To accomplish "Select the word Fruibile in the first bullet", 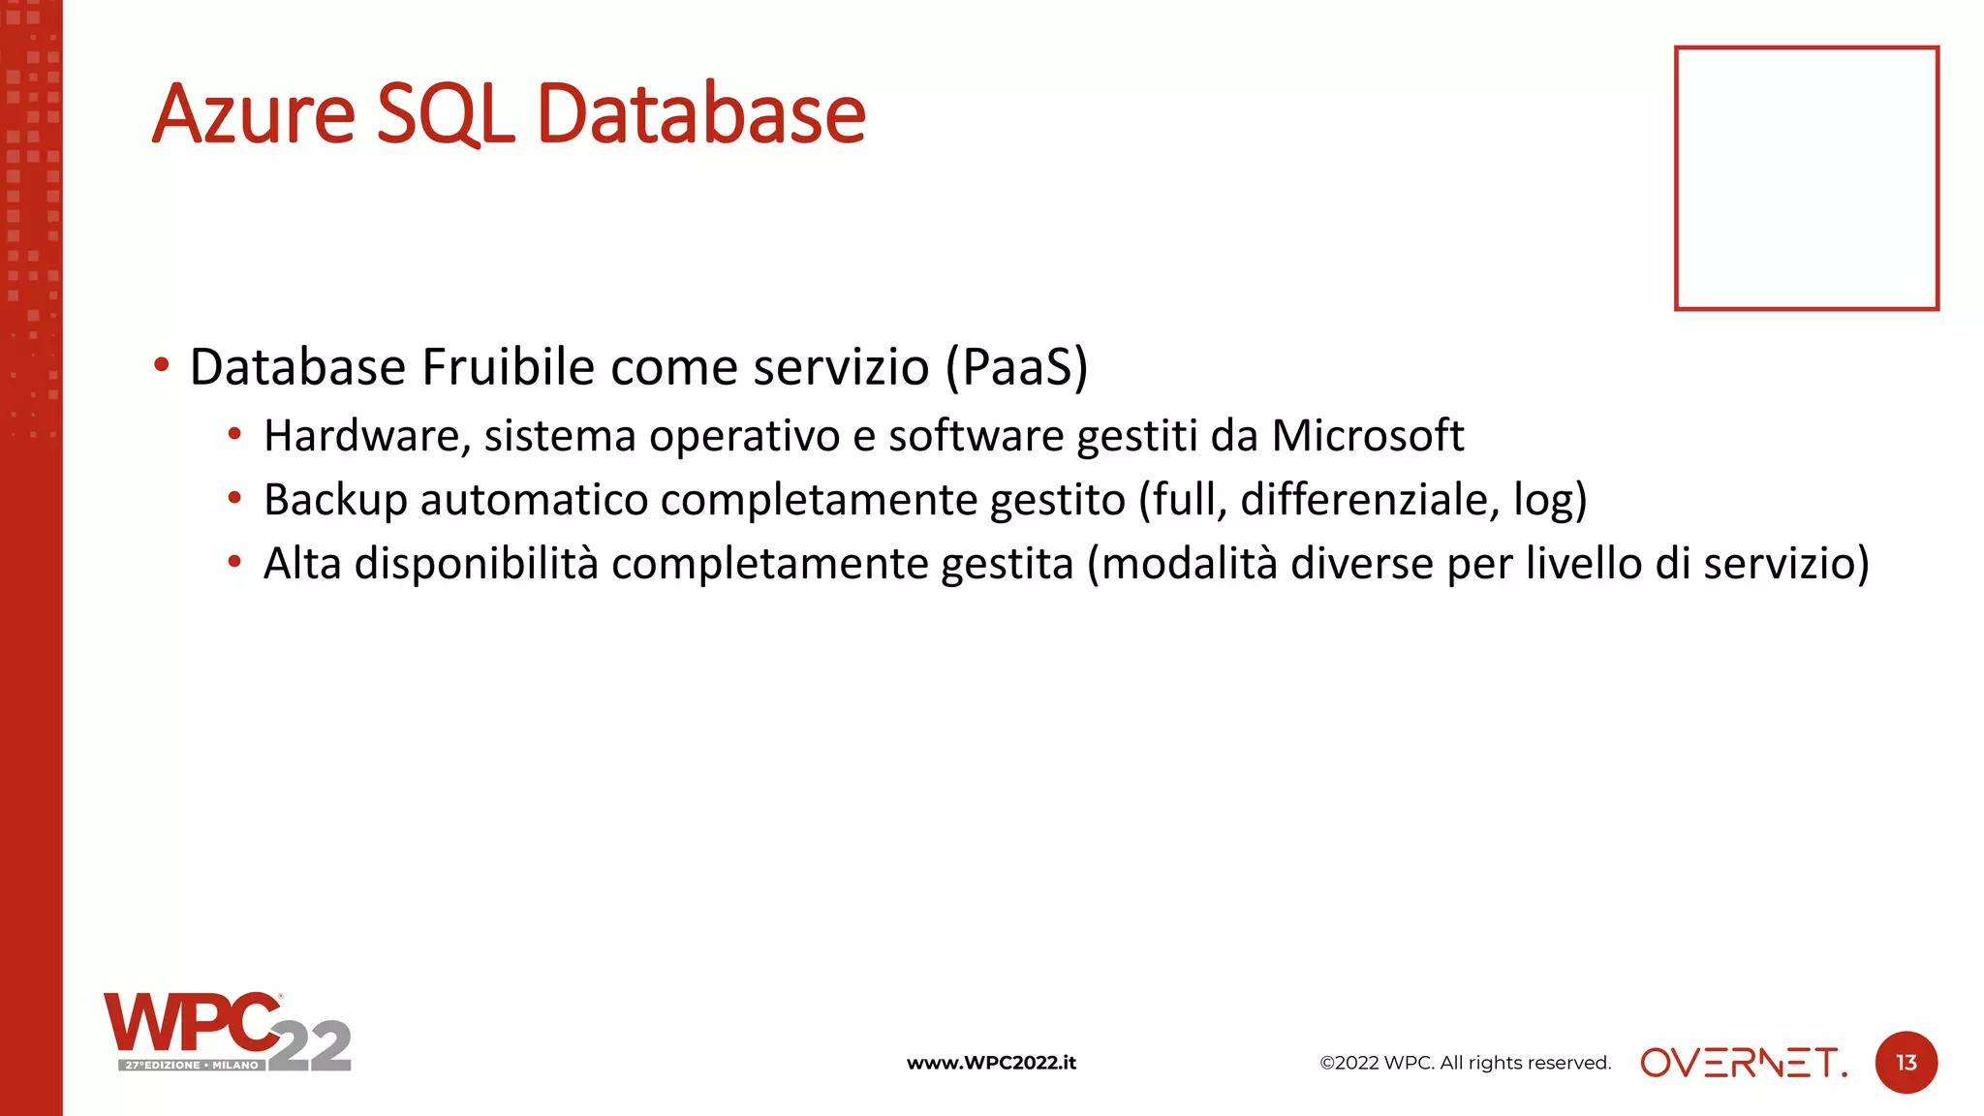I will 508,367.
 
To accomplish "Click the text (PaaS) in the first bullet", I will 1016,367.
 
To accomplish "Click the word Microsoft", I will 1367,436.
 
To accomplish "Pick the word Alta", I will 302,564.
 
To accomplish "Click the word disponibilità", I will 477,564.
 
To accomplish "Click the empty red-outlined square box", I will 1806,178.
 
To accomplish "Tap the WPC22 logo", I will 227,1031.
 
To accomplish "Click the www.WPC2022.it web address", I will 991,1063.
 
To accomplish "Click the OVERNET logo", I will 1743,1063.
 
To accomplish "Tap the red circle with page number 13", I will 1906,1063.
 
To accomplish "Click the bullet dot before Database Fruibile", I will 162,366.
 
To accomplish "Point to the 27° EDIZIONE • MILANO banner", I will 192,1065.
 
